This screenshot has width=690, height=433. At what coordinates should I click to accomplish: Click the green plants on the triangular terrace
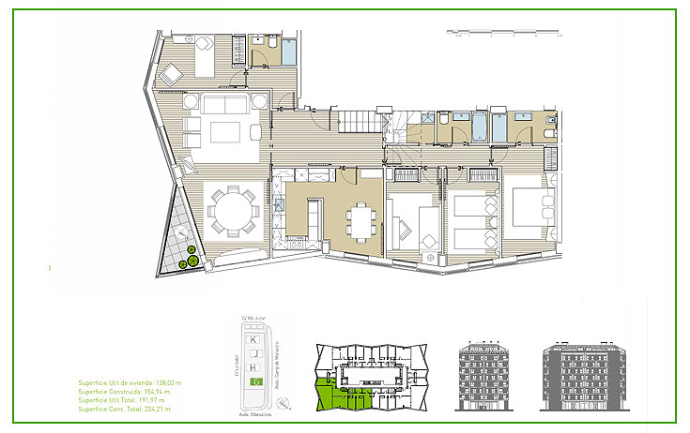click(191, 258)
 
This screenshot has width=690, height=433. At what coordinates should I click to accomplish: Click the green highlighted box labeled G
click(255, 382)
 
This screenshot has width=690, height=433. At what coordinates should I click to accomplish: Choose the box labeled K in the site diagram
click(255, 337)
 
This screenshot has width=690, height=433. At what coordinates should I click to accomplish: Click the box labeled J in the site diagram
click(255, 352)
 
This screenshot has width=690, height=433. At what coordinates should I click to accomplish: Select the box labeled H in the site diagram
click(255, 367)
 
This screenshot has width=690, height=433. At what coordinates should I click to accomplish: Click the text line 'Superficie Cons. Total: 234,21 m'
click(126, 409)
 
